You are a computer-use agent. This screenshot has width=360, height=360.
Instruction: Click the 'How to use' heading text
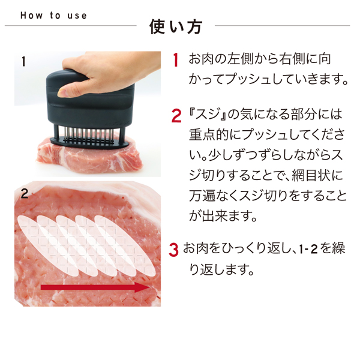53,16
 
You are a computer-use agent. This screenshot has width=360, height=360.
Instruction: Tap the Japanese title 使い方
175,28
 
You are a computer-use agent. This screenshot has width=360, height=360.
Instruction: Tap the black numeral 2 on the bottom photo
24,193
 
